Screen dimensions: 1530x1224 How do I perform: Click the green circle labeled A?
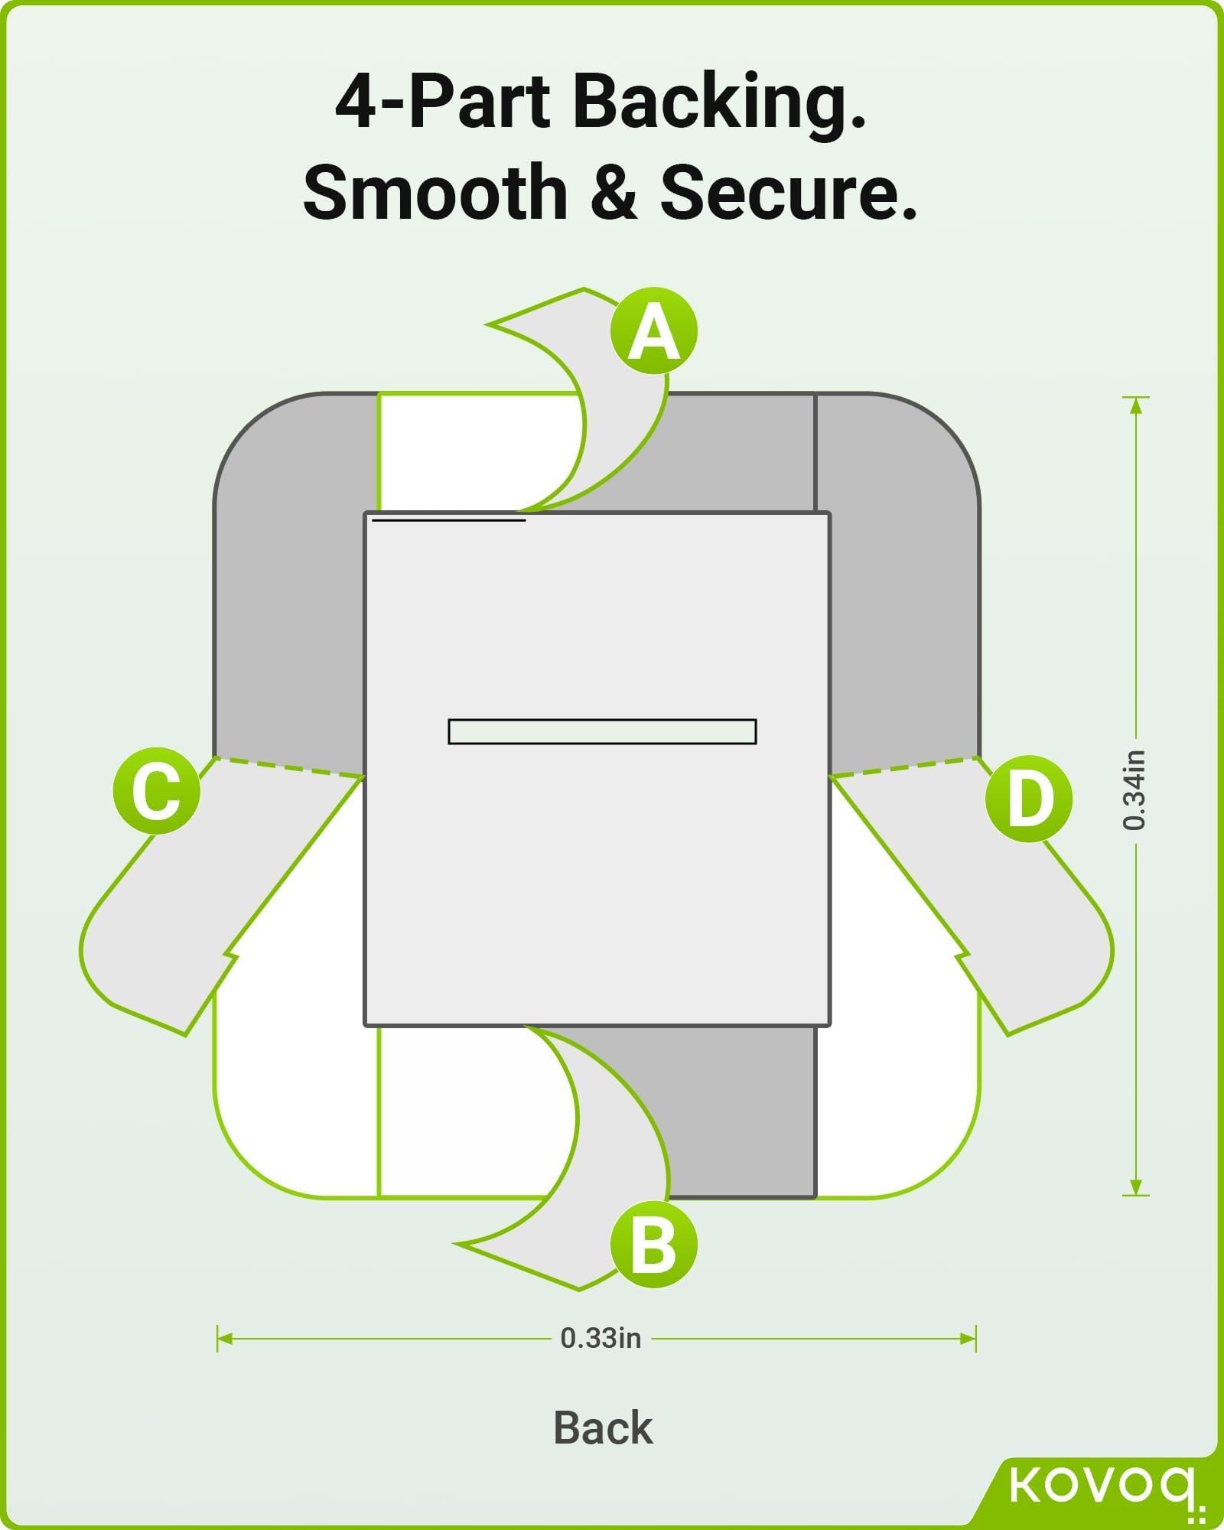click(x=654, y=331)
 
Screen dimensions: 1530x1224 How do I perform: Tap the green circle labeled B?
click(x=654, y=1245)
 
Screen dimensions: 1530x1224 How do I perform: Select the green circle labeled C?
click(x=156, y=791)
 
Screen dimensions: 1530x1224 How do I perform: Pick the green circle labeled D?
click(x=1028, y=799)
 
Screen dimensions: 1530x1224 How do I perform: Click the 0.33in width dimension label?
click(x=601, y=1338)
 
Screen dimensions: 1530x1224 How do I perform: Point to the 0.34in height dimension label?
click(x=1135, y=790)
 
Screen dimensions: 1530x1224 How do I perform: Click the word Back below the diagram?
click(x=603, y=1427)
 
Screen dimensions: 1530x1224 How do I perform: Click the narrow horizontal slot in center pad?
click(x=602, y=731)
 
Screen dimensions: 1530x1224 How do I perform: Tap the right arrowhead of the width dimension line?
click(x=968, y=1339)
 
